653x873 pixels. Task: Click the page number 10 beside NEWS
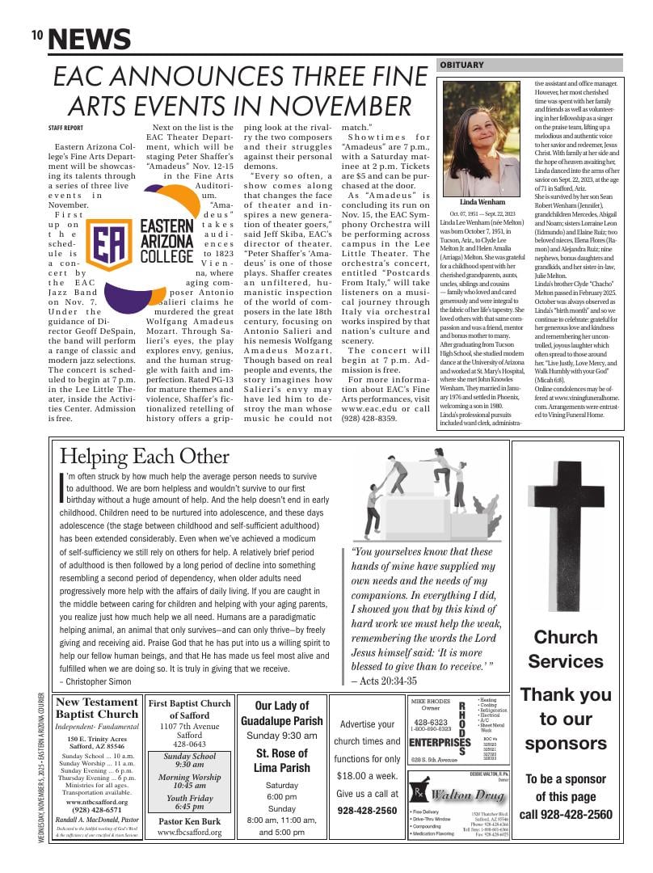37,35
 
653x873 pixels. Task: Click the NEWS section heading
89,39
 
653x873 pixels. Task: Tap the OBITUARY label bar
461,65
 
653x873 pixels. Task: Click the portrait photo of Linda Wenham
482,138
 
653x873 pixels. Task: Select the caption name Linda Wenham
482,202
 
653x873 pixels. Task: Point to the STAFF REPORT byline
65,128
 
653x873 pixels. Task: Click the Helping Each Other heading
144,456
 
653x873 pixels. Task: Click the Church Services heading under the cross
566,648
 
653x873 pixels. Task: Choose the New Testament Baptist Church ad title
97,708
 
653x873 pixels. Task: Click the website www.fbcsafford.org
189,832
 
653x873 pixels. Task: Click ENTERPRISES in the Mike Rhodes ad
440,742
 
